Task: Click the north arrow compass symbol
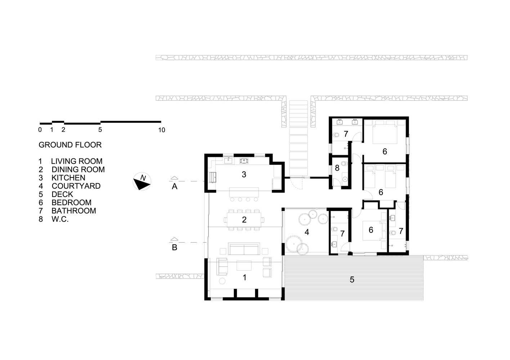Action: [x=142, y=181]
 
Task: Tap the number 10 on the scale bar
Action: [x=162, y=130]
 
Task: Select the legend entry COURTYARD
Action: [x=76, y=186]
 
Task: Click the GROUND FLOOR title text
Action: [x=70, y=145]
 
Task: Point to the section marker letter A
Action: [x=174, y=186]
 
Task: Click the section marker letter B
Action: [x=174, y=247]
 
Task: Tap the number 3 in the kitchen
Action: [x=244, y=175]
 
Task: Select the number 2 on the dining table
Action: [x=244, y=220]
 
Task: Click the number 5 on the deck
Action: [x=352, y=280]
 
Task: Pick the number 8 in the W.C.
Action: [x=337, y=168]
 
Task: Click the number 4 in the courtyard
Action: [x=307, y=232]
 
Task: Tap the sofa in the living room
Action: [x=244, y=249]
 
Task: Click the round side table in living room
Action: [x=222, y=281]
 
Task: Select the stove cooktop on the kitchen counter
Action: [x=243, y=161]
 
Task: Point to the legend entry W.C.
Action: [x=60, y=219]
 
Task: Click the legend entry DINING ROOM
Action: [x=78, y=170]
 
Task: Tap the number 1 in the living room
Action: [x=245, y=278]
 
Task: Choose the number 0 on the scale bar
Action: [x=40, y=130]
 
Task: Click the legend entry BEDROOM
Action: [x=71, y=203]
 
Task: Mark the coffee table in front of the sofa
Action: [x=244, y=266]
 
